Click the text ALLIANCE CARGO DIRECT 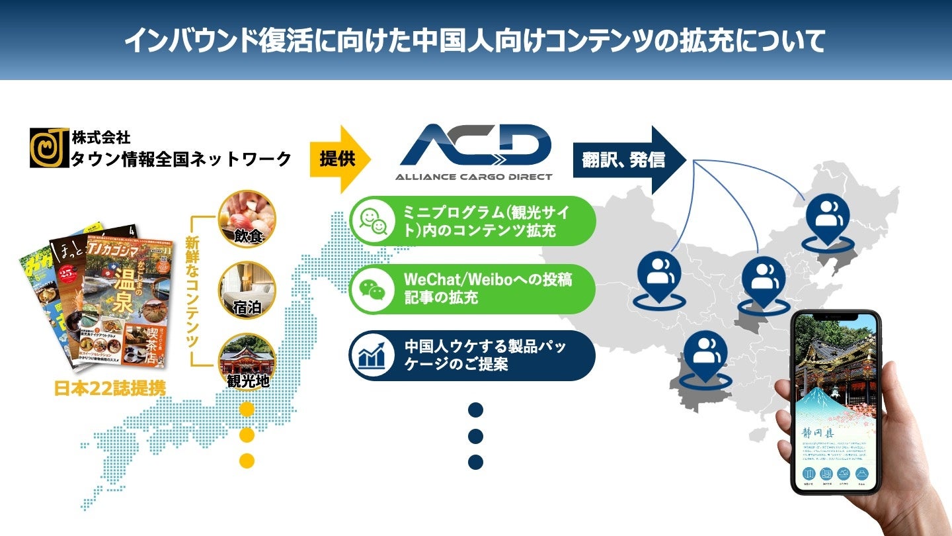coord(473,177)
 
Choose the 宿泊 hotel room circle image coord(247,290)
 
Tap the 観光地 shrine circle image coord(247,361)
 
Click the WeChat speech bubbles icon coord(372,289)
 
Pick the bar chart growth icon coord(372,355)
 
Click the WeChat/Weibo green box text coord(488,289)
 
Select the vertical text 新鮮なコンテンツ coord(192,291)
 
